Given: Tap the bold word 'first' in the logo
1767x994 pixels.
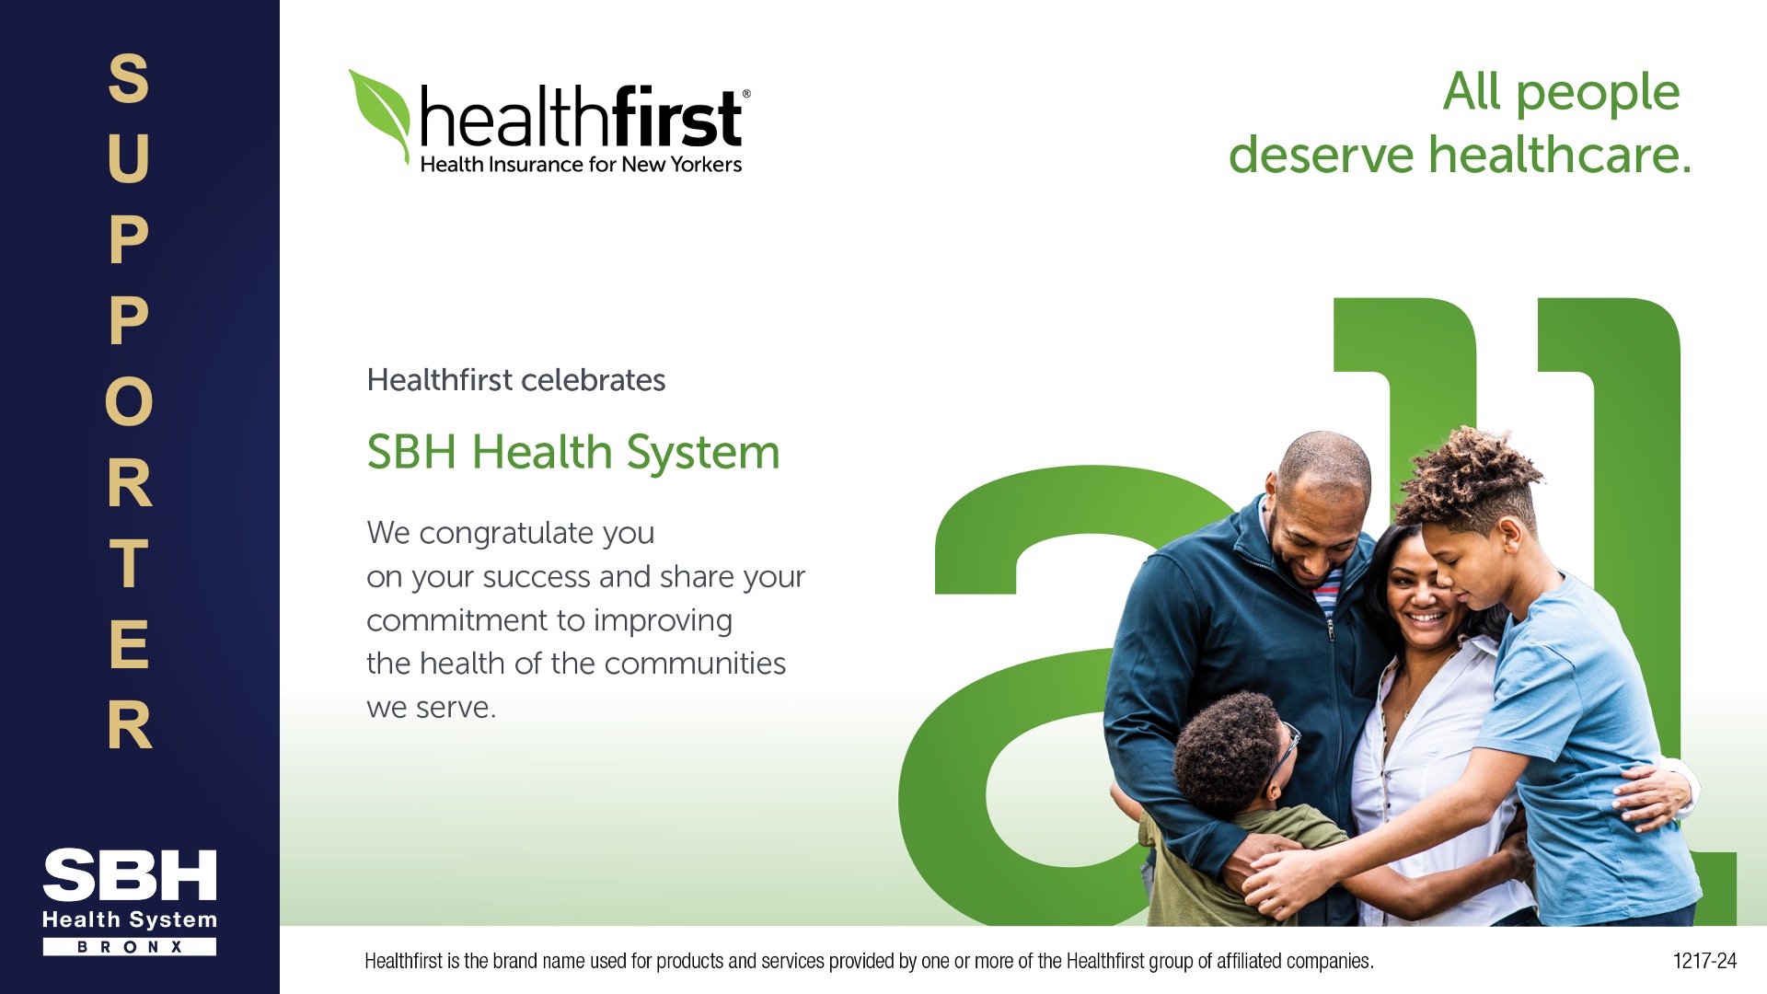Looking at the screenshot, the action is (x=676, y=117).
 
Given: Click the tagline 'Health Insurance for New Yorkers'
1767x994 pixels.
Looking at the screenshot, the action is (x=581, y=165).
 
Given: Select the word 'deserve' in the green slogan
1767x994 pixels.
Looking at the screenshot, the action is (x=1321, y=154).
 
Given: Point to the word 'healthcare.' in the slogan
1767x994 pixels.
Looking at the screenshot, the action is (x=1560, y=154).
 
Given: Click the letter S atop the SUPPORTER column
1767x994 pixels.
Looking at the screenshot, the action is (x=129, y=78).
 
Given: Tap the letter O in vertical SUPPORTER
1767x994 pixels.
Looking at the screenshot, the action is (x=129, y=401).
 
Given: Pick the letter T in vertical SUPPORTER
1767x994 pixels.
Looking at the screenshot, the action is (x=129, y=563).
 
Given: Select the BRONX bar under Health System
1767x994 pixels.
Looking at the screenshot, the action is (x=130, y=946).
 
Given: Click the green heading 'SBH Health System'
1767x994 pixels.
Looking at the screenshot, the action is (x=572, y=453).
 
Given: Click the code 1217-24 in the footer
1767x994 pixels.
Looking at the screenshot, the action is (x=1704, y=961).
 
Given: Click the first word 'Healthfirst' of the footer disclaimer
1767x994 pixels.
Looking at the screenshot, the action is (x=404, y=961).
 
